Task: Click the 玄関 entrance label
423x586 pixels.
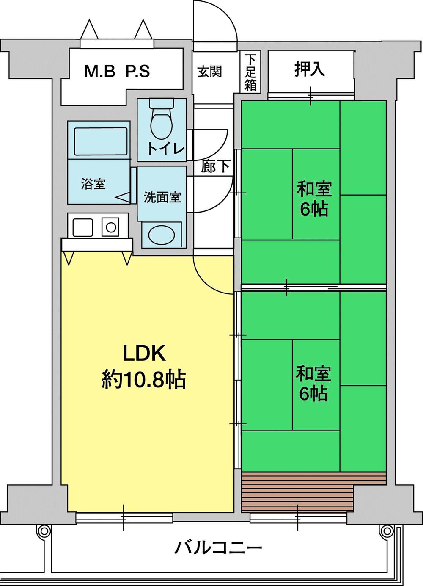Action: point(210,72)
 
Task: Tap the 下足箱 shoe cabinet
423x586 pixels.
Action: point(250,72)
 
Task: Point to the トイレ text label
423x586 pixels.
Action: point(166,149)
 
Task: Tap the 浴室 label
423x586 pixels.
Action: point(93,184)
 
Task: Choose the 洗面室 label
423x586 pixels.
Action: point(162,197)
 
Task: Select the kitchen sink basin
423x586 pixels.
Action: point(83,227)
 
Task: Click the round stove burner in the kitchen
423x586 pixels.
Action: point(111,227)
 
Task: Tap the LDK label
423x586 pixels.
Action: point(144,354)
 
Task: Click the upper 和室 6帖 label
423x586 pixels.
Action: point(314,199)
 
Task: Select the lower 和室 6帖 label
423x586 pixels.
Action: point(313,384)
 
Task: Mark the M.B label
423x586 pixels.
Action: point(100,72)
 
